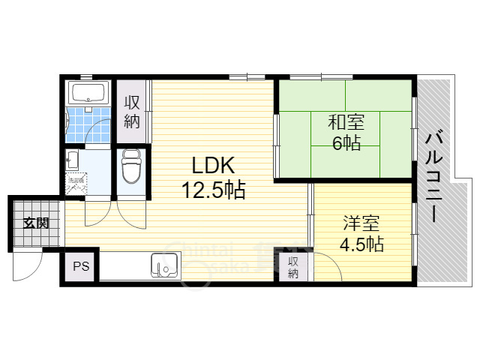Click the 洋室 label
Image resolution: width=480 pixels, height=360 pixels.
[x=362, y=223]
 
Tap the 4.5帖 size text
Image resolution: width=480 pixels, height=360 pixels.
[x=362, y=244]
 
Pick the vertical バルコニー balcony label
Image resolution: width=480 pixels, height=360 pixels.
[x=435, y=177]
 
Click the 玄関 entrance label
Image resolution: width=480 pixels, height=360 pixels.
[x=34, y=223]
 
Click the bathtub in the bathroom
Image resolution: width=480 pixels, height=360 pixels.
[x=89, y=94]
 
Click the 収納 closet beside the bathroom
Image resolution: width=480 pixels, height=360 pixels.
[x=132, y=112]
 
